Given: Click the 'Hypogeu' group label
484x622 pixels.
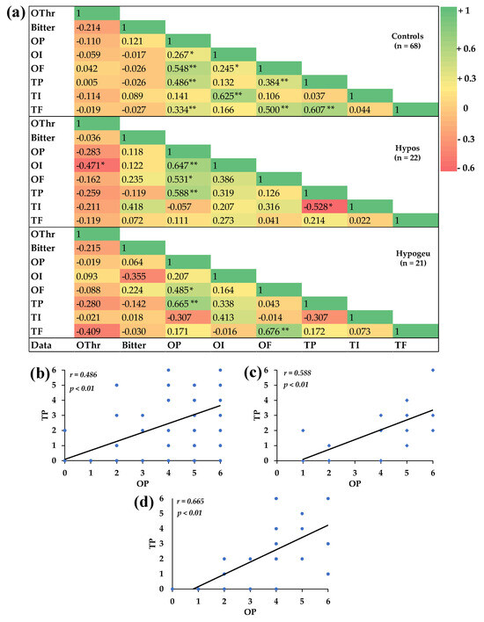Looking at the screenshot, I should (x=407, y=263).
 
